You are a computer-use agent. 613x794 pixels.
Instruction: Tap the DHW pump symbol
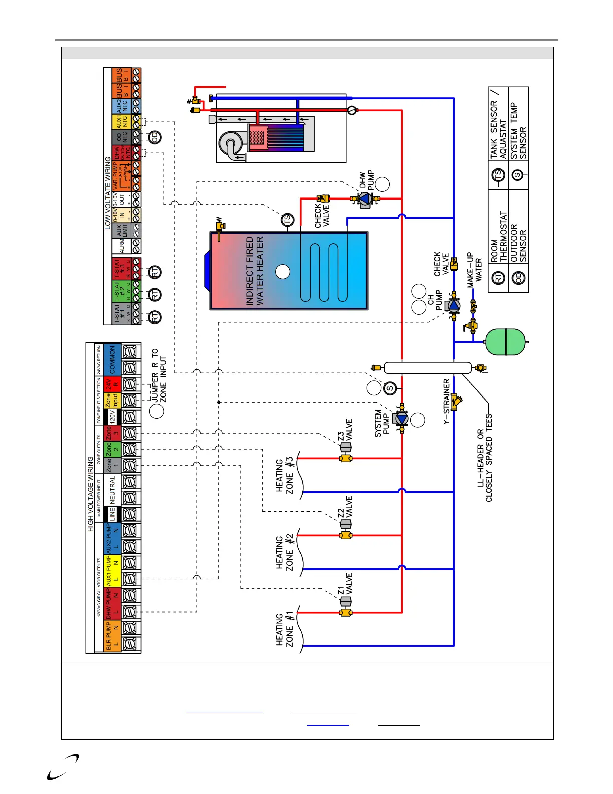[365, 199]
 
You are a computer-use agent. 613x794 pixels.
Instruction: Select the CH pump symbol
[453, 305]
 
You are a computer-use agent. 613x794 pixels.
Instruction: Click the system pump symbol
[402, 419]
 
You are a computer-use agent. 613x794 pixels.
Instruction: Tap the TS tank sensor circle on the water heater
[288, 220]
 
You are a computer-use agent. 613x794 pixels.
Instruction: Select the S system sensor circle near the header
[390, 388]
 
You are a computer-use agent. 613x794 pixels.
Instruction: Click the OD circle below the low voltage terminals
[155, 137]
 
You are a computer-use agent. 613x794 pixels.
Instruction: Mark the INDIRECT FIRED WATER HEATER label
[254, 271]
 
